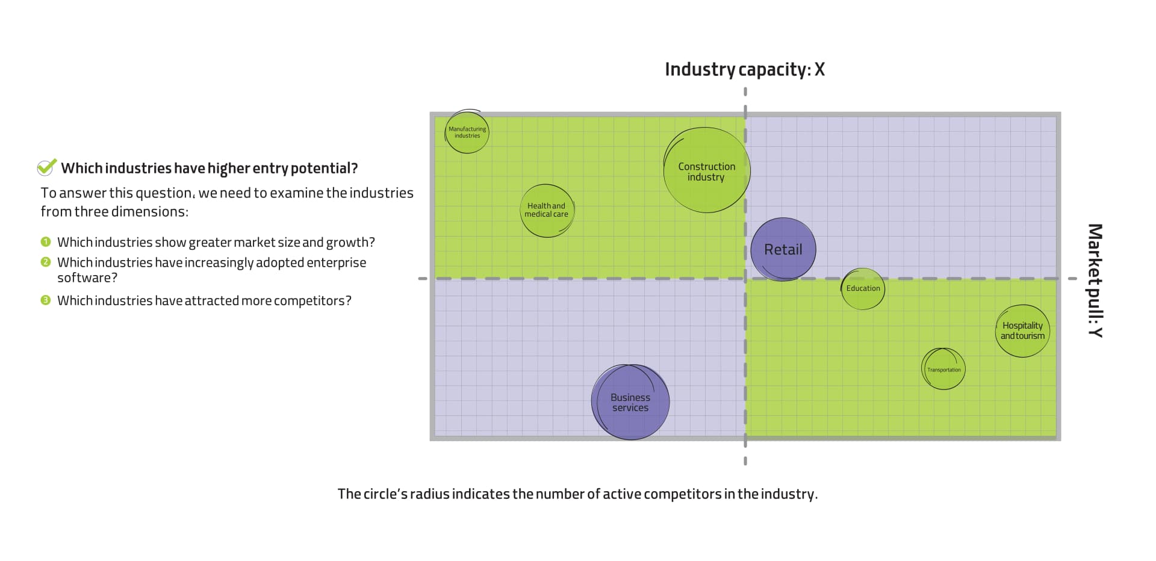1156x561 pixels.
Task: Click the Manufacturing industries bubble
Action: [x=467, y=132]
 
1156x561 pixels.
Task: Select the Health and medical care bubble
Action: [x=547, y=210]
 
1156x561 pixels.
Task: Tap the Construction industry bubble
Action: [x=706, y=171]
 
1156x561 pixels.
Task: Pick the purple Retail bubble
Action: [x=783, y=249]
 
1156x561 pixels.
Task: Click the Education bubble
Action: [x=863, y=289]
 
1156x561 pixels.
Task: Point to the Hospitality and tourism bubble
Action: [x=1022, y=330]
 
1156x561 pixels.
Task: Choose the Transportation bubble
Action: [x=943, y=369]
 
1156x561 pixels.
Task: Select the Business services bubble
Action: [x=630, y=402]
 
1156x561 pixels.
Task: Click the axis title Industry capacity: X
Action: [x=744, y=70]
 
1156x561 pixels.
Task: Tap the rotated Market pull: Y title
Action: [x=1095, y=280]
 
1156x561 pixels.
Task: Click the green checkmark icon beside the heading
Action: [x=46, y=167]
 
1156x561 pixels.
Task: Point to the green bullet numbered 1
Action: [x=46, y=242]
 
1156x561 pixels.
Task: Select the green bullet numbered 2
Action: [x=46, y=262]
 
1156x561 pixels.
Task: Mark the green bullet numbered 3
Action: [x=46, y=300]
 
